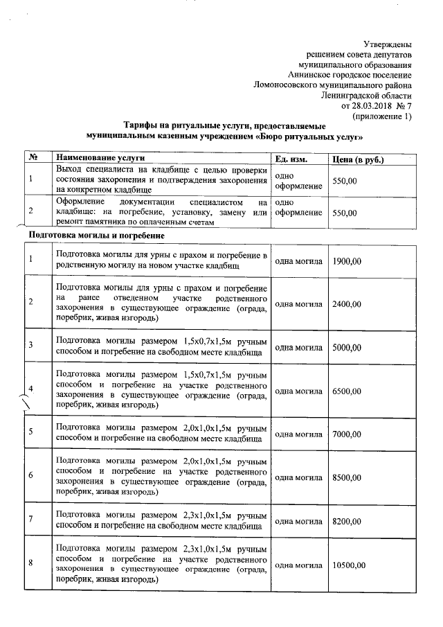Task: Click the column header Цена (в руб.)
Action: [359, 159]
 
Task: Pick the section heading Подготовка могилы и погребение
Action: [96, 236]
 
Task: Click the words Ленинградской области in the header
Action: [367, 96]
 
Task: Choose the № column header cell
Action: [33, 159]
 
